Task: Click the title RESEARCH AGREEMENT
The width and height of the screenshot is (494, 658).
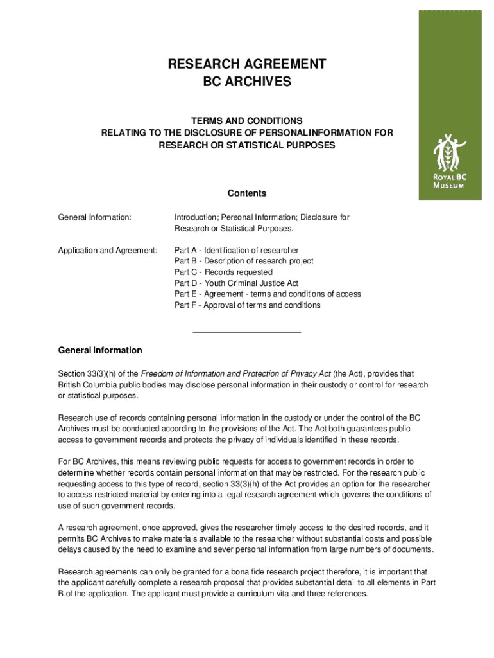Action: tap(246, 64)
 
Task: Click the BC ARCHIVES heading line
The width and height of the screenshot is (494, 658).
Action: tap(246, 82)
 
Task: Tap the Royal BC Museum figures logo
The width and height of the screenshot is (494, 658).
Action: tap(448, 152)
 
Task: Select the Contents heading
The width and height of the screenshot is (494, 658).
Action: tap(246, 193)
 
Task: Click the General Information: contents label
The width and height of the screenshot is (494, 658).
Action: tap(94, 218)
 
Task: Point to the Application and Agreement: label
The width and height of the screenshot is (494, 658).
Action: tap(107, 250)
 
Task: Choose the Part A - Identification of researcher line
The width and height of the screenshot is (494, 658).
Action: tap(236, 250)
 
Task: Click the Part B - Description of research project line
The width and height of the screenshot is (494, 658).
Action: tap(244, 261)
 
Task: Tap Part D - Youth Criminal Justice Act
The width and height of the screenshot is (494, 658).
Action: tap(236, 283)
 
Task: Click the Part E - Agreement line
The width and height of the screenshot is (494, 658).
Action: tap(268, 294)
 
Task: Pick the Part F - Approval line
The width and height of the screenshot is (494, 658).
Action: tap(247, 305)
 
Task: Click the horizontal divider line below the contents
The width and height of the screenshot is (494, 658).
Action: tap(246, 332)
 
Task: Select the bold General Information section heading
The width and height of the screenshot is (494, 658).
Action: tap(100, 350)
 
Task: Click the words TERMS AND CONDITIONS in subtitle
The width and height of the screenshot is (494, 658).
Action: tap(246, 121)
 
